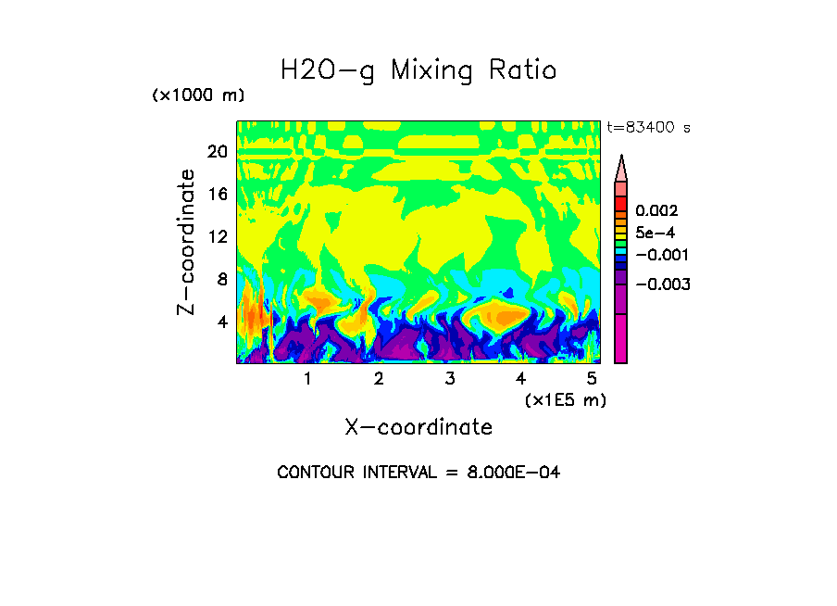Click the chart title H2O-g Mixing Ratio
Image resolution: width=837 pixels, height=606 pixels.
pyautogui.click(x=418, y=69)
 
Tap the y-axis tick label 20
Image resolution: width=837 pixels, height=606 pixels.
pyautogui.click(x=216, y=151)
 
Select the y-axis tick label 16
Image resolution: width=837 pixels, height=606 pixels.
pyautogui.click(x=216, y=194)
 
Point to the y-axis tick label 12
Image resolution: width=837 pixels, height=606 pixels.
pyautogui.click(x=216, y=236)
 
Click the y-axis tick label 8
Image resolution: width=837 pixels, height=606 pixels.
pyautogui.click(x=221, y=279)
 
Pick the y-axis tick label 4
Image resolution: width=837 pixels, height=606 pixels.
pyautogui.click(x=221, y=322)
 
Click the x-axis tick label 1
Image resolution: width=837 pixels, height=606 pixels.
pyautogui.click(x=306, y=379)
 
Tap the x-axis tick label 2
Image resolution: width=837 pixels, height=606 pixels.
pyautogui.click(x=378, y=379)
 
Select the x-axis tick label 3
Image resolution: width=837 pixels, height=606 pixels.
pyautogui.click(x=449, y=379)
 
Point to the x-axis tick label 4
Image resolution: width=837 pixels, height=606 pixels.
pyautogui.click(x=520, y=379)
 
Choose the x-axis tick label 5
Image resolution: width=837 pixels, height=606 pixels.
pyautogui.click(x=591, y=379)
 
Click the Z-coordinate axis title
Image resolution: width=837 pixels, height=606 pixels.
pyautogui.click(x=187, y=242)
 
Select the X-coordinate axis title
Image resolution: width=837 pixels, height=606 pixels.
pyautogui.click(x=418, y=426)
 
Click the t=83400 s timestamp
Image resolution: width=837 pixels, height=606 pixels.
pyautogui.click(x=648, y=128)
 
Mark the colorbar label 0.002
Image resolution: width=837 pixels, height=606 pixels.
pyautogui.click(x=656, y=211)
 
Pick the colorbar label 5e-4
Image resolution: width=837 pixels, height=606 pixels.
pyautogui.click(x=656, y=234)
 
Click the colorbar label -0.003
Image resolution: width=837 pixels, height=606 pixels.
pyautogui.click(x=663, y=284)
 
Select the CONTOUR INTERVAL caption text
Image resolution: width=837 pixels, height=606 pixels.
pyautogui.click(x=418, y=473)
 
